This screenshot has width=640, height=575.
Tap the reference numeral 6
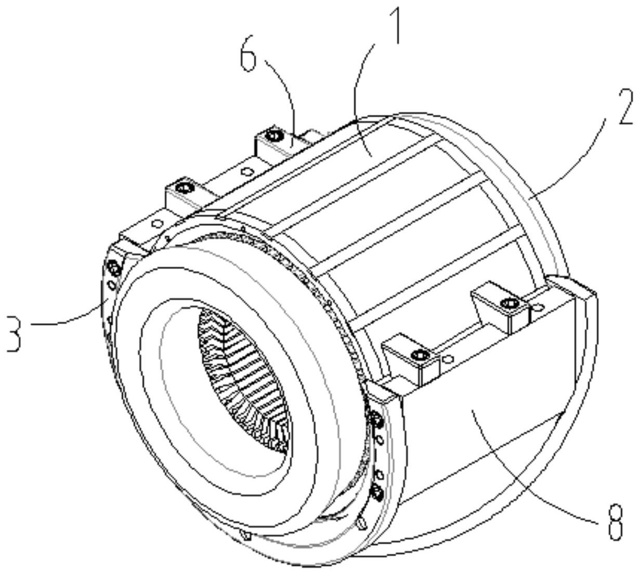[249, 57]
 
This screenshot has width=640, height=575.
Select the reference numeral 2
[625, 107]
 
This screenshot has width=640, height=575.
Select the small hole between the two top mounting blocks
[248, 170]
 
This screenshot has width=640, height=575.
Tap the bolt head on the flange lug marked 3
[113, 269]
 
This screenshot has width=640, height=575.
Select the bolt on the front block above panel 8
[419, 355]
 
